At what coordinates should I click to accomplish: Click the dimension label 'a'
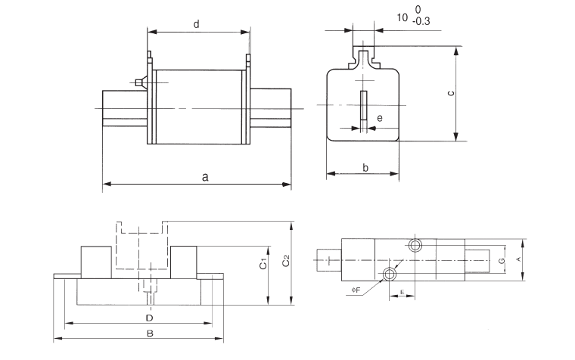(204, 178)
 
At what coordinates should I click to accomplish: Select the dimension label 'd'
(196, 24)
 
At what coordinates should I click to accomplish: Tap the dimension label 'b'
(365, 167)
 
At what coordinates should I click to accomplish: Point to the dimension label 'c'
(450, 93)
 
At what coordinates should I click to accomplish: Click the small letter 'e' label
(379, 118)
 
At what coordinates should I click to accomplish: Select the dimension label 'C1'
(262, 265)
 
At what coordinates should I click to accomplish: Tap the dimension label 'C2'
(285, 262)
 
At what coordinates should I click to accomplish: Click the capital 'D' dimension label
(149, 316)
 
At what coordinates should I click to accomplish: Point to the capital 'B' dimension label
(150, 333)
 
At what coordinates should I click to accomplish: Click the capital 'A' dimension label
(517, 259)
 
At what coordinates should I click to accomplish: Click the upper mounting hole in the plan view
(415, 245)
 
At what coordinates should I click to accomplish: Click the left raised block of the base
(97, 261)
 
